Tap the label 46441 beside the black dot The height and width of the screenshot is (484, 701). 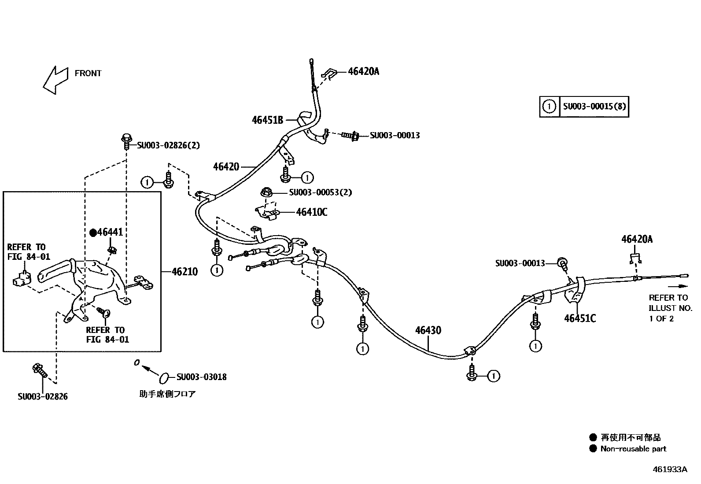pyautogui.click(x=110, y=232)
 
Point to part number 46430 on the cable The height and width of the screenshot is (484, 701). pyautogui.click(x=428, y=330)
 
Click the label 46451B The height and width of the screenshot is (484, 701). pyautogui.click(x=267, y=119)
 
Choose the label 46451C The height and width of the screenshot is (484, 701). pyautogui.click(x=580, y=318)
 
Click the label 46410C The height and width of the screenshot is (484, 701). pyautogui.click(x=312, y=212)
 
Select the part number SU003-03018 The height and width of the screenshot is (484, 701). pyautogui.click(x=202, y=377)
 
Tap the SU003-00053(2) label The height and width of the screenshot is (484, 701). pyautogui.click(x=321, y=192)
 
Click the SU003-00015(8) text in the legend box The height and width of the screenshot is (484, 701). pyautogui.click(x=594, y=106)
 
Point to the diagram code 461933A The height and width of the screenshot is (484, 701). pyautogui.click(x=669, y=469)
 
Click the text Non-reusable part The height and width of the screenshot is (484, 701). pyautogui.click(x=634, y=449)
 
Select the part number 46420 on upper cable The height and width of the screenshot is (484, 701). pyautogui.click(x=226, y=166)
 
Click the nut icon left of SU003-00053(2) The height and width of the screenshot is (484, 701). pyautogui.click(x=266, y=192)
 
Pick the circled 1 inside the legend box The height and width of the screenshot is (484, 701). pyautogui.click(x=549, y=106)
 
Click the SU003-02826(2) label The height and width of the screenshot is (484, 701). pyautogui.click(x=168, y=145)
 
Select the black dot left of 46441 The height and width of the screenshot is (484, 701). pyautogui.click(x=93, y=233)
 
